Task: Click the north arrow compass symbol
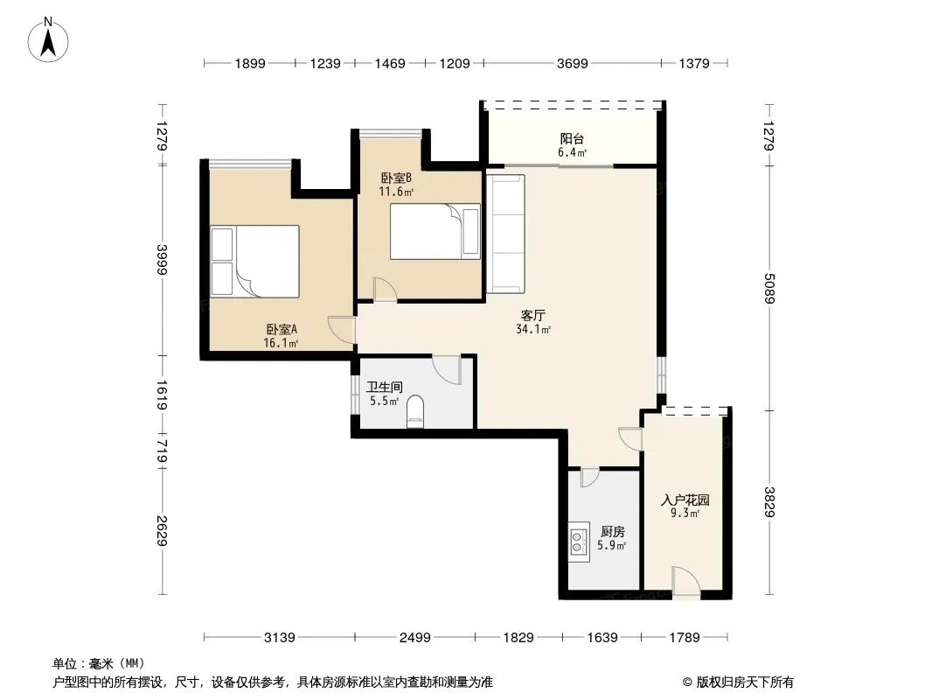coord(48,40)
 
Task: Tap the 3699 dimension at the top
coord(572,63)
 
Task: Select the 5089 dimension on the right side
coord(769,288)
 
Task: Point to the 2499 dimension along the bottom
coord(415,638)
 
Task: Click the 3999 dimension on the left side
coord(162,260)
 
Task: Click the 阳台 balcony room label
coord(572,138)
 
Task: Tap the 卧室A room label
coord(282,329)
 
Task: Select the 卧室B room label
coord(396,178)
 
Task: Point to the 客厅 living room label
coord(533,315)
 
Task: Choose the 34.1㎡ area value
coord(533,330)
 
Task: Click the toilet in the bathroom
coord(415,411)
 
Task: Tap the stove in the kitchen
coord(578,542)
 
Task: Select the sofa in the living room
coord(505,234)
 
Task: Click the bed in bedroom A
coord(255,261)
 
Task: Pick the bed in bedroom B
coord(435,231)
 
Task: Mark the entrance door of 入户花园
coord(686,581)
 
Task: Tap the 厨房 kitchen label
coord(612,531)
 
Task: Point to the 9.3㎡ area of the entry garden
coord(685,514)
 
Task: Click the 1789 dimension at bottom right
coord(685,638)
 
